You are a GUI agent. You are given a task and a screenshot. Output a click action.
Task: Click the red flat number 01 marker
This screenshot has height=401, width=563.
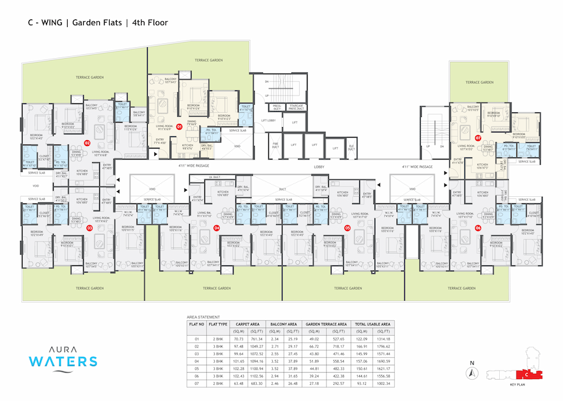pyautogui.click(x=179, y=127)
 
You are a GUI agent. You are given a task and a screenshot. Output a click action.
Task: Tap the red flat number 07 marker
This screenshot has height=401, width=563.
pyautogui.click(x=478, y=138)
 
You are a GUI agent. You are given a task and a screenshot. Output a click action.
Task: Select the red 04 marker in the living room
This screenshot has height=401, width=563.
pyautogui.click(x=217, y=227)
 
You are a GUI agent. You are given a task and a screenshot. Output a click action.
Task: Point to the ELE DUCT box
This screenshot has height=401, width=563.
pyautogui.click(x=351, y=149)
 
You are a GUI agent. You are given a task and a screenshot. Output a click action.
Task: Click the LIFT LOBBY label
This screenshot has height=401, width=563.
pyautogui.click(x=269, y=120)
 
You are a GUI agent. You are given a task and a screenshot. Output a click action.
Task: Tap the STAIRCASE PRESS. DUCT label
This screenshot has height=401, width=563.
pyautogui.click(x=297, y=107)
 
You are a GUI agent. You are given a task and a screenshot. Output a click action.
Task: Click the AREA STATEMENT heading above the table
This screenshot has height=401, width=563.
pyautogui.click(x=203, y=317)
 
